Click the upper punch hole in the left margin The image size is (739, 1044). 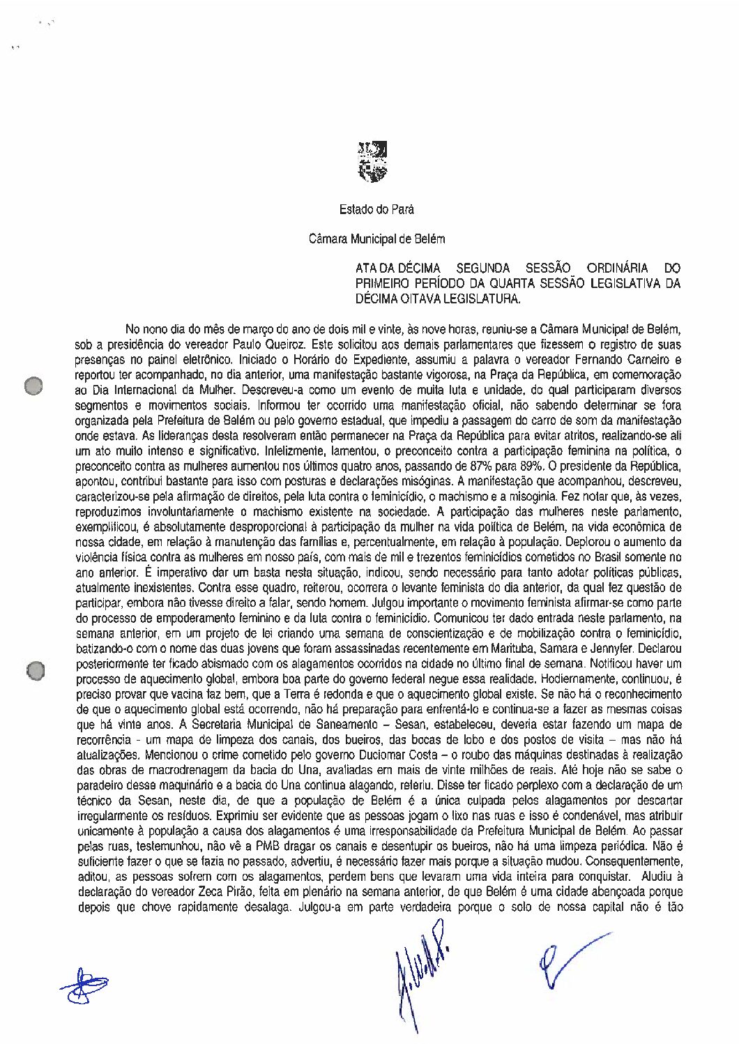tap(32, 385)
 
